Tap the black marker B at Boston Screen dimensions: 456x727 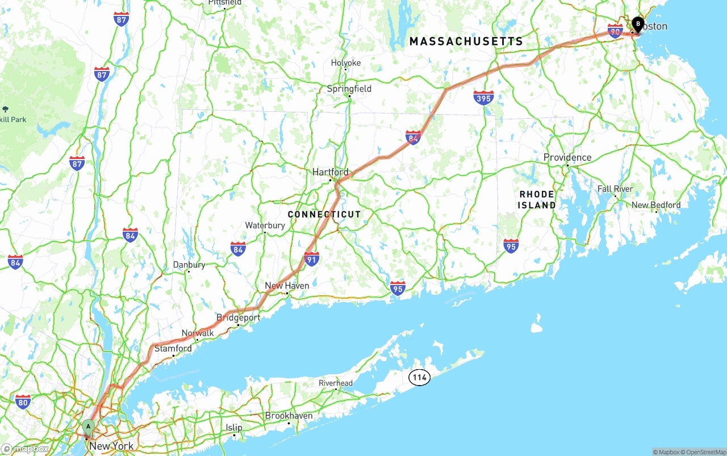pyautogui.click(x=638, y=24)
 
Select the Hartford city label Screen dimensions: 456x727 pyautogui.click(x=330, y=171)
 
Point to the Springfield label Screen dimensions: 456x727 pyautogui.click(x=349, y=89)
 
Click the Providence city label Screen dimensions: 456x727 pyautogui.click(x=567, y=157)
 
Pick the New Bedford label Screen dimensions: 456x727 pyautogui.click(x=655, y=205)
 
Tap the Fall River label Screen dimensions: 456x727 pyautogui.click(x=615, y=189)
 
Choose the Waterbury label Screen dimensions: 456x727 pyautogui.click(x=265, y=225)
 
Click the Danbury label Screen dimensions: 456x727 pyautogui.click(x=189, y=265)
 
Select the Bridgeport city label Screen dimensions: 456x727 pyautogui.click(x=238, y=317)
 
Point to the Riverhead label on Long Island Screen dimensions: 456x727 pyautogui.click(x=335, y=383)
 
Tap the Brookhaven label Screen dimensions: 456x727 pyautogui.click(x=289, y=416)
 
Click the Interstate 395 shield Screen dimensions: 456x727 pyautogui.click(x=483, y=98)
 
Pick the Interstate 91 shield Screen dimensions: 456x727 pyautogui.click(x=311, y=259)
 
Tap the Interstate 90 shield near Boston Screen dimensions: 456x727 pyautogui.click(x=615, y=31)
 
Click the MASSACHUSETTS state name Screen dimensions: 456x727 pyautogui.click(x=466, y=41)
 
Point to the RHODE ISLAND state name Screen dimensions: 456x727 pyautogui.click(x=537, y=199)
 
